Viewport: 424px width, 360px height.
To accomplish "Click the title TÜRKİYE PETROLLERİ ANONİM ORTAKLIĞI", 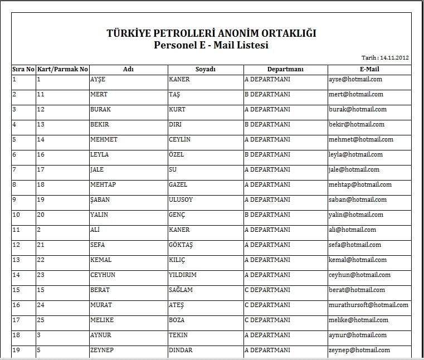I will coord(211,33).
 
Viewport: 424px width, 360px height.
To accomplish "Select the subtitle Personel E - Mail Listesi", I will coord(211,45).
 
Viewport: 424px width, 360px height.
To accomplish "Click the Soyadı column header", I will coord(205,70).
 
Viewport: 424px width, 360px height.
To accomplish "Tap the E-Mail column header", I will coord(369,70).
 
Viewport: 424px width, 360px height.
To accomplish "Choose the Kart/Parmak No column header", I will coord(62,70).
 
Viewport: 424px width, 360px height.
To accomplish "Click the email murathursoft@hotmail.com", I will coord(368,305).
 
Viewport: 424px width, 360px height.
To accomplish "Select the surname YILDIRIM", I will coord(182,275).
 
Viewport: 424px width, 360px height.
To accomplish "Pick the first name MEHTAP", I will coord(103,184).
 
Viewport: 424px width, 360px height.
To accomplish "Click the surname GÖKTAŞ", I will coord(181,245).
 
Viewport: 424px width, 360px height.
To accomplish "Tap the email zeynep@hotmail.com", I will coord(359,350).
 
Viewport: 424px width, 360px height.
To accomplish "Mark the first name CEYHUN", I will coord(103,275).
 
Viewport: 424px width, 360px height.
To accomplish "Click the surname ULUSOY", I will coord(181,200).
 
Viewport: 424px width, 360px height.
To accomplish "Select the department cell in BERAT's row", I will coord(267,290).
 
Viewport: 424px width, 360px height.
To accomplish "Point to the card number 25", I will coord(41,320).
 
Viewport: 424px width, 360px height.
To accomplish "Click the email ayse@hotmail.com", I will coord(355,79).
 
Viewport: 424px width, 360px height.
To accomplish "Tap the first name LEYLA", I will coord(99,154).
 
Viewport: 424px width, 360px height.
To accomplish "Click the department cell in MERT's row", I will coord(267,94).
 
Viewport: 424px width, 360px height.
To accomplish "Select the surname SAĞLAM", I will coord(181,290).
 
